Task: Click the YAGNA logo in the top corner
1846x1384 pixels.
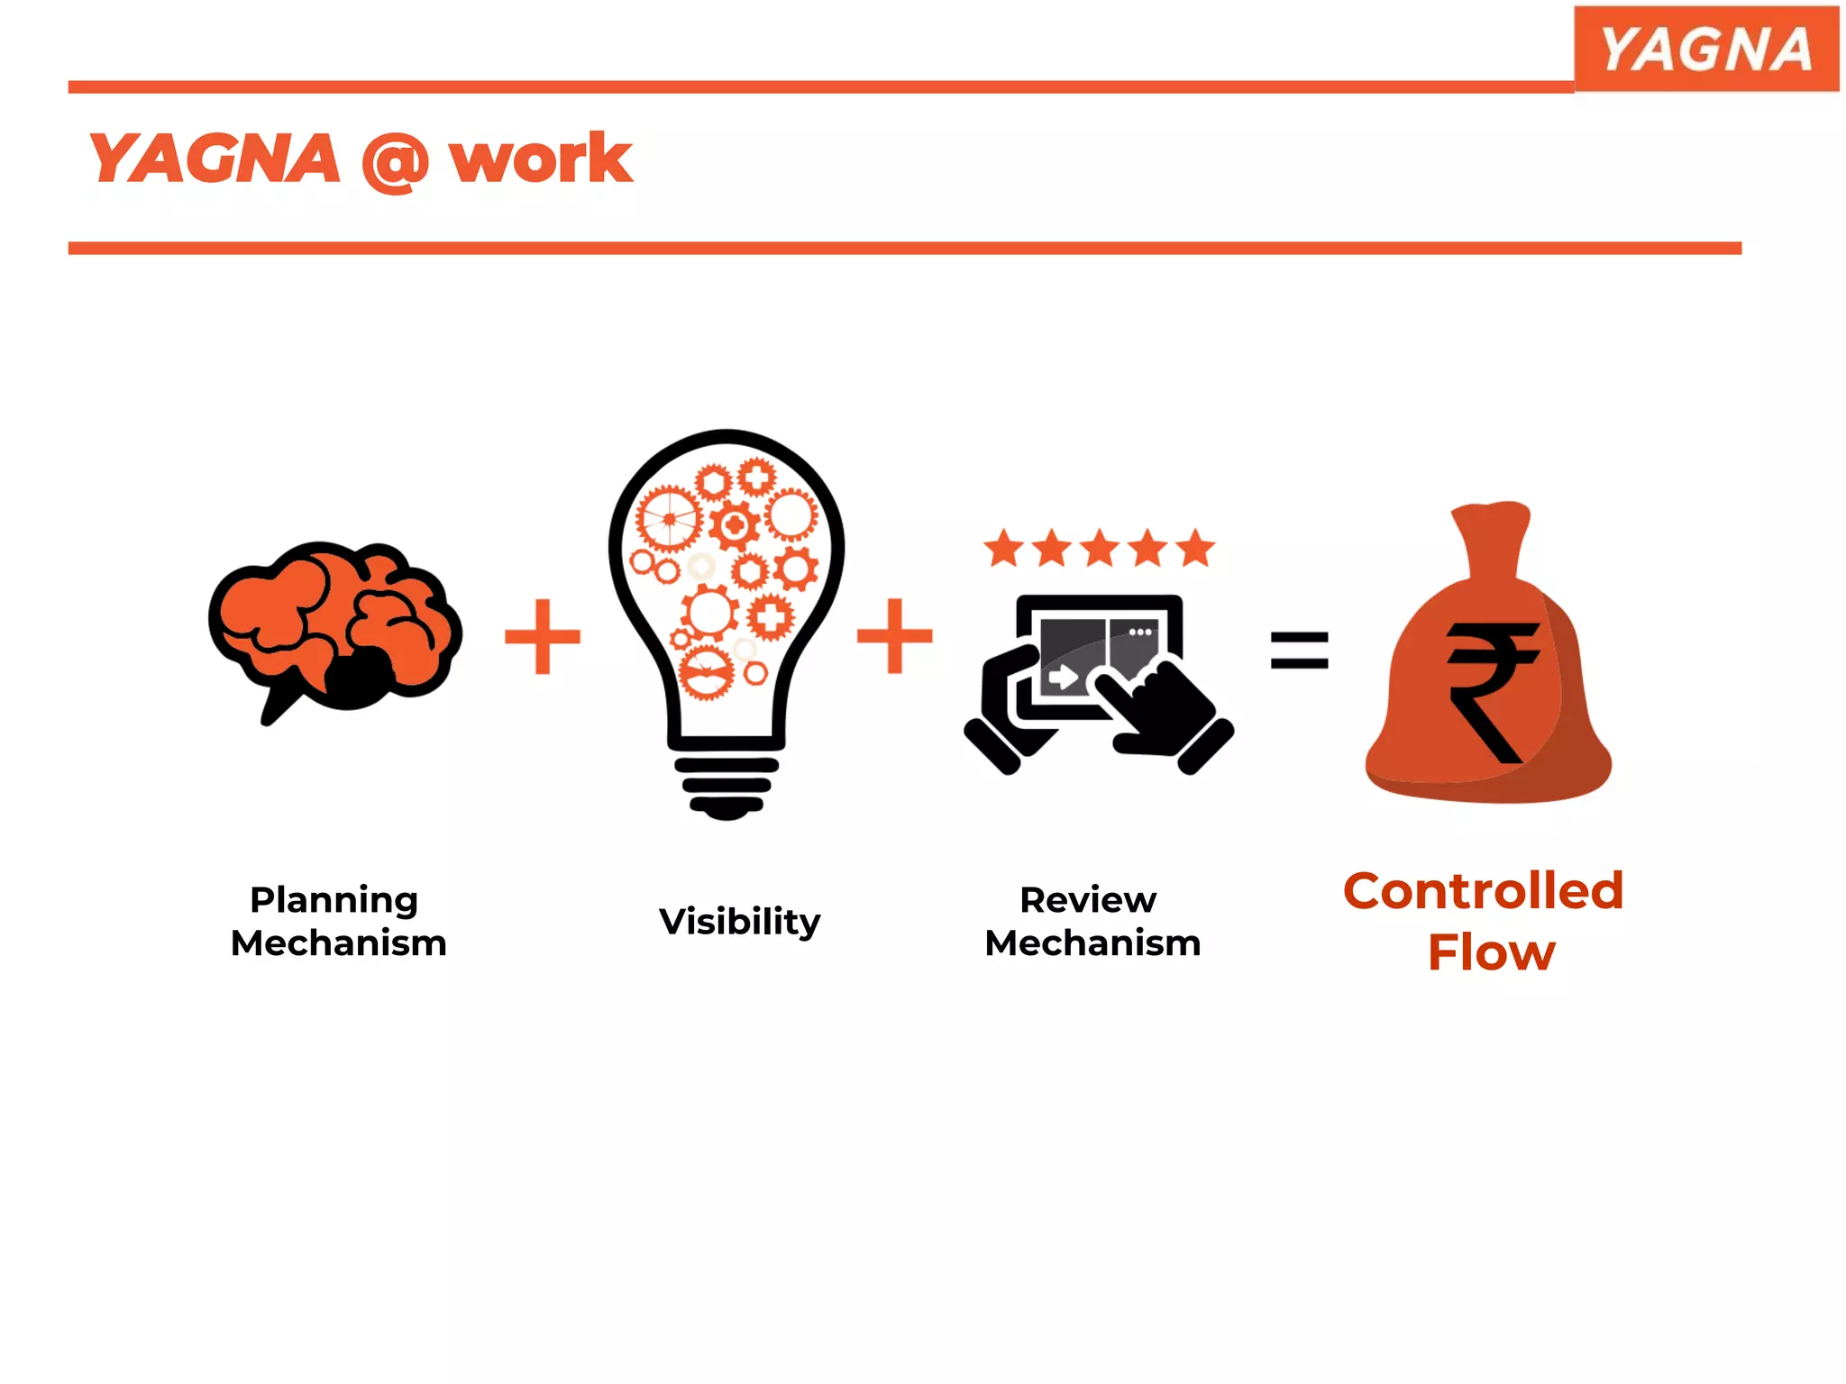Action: point(1705,49)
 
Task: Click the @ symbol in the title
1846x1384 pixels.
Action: point(394,162)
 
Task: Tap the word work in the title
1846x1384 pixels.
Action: point(541,159)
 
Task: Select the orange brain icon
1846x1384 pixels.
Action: point(334,622)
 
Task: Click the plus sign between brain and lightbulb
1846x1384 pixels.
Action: point(543,637)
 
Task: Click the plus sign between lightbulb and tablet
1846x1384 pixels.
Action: point(894,636)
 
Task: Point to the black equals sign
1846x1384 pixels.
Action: point(1299,651)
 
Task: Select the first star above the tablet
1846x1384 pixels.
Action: point(1003,549)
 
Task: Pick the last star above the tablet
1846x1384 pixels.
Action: point(1195,548)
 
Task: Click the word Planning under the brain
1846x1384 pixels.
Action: point(334,900)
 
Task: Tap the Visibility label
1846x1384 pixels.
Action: point(739,921)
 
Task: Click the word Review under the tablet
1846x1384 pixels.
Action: point(1088,900)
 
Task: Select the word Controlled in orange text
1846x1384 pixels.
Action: point(1483,891)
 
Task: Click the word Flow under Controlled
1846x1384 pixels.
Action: point(1491,952)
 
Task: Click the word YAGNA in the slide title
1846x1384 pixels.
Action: point(215,159)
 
